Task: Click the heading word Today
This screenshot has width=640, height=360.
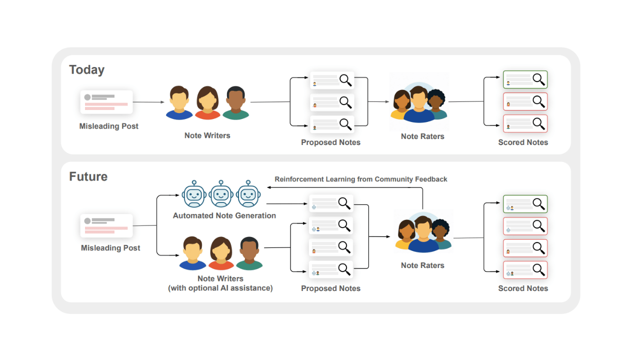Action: coord(86,70)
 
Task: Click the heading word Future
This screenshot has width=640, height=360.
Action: coord(88,176)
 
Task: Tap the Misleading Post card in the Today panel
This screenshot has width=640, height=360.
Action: coord(106,102)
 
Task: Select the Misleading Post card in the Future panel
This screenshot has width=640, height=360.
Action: coord(106,225)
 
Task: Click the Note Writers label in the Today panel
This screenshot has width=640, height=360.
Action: coord(207,135)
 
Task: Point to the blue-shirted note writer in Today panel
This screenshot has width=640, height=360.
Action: coord(179,103)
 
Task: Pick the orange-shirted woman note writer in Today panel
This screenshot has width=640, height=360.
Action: coord(207,103)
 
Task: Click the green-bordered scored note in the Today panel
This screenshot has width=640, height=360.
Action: coord(525,79)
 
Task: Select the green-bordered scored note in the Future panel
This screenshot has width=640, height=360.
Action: coord(525,204)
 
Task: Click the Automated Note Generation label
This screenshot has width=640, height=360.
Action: coord(224,215)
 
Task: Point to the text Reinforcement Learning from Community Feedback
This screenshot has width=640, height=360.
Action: coord(360,179)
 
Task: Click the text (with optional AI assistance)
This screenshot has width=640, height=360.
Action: coord(220,288)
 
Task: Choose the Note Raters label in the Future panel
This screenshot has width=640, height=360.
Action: coord(422,265)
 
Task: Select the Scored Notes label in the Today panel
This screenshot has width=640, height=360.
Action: coord(523,142)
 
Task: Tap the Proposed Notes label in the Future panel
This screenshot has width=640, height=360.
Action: coord(330,288)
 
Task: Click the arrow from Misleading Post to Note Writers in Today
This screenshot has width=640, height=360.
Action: coord(148,102)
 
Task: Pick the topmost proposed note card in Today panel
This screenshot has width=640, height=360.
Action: coord(332,79)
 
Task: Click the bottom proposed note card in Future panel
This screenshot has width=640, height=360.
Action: coord(331,269)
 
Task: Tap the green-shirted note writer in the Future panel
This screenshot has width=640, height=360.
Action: coord(249,254)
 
